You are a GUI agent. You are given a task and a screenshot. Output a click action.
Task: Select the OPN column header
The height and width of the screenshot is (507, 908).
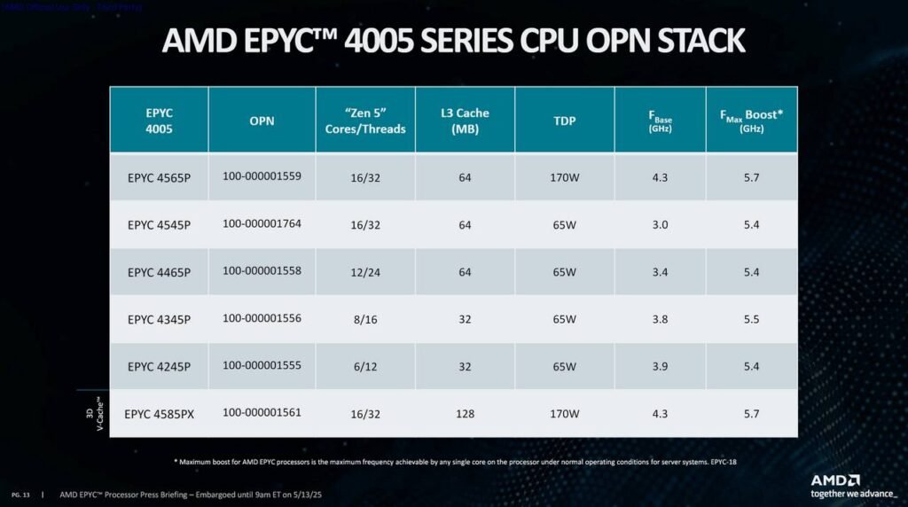(x=262, y=121)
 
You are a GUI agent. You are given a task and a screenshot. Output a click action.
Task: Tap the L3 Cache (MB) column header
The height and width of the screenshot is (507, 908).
(x=465, y=121)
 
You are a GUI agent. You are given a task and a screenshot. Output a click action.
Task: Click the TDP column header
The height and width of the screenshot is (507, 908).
(x=564, y=121)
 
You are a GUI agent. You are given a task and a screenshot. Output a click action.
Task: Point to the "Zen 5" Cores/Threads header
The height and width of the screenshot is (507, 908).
(x=365, y=121)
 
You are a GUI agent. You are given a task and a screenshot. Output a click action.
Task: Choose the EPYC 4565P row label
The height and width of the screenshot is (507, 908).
(x=159, y=177)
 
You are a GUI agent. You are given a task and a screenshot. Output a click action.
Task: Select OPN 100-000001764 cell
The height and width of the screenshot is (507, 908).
(x=262, y=223)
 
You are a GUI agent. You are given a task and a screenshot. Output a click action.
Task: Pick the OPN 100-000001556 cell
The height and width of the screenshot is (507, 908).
(x=262, y=318)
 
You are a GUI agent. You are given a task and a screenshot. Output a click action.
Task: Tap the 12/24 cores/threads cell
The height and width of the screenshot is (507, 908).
(x=365, y=272)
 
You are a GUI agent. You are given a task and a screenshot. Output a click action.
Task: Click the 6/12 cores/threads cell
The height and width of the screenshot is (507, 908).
(x=365, y=366)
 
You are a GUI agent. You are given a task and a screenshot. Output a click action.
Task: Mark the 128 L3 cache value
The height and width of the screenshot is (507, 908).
(x=465, y=414)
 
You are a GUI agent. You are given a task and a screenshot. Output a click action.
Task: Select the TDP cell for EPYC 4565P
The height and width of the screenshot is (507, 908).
(x=564, y=177)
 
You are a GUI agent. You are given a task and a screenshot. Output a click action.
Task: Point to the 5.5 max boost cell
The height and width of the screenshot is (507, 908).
(x=751, y=319)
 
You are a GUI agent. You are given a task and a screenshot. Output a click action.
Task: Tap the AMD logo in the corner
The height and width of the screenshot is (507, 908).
(x=835, y=480)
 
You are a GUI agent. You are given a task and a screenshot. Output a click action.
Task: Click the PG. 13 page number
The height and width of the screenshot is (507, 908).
(x=20, y=494)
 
